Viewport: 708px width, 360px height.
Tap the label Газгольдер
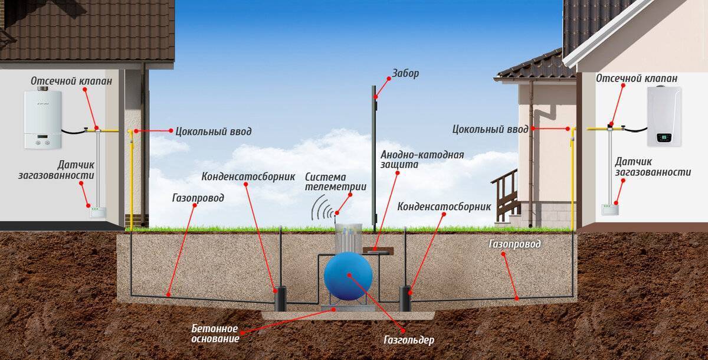tap(409, 340)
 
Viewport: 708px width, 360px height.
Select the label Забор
tap(405, 73)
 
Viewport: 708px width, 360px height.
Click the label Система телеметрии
tap(336, 181)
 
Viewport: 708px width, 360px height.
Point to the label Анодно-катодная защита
tap(422, 159)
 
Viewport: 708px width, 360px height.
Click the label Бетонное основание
tap(215, 333)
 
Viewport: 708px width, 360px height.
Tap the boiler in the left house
tap(42, 119)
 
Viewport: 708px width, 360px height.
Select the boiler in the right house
tap(664, 116)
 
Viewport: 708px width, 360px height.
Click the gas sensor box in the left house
tap(97, 212)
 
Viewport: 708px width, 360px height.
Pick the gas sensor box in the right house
tap(609, 210)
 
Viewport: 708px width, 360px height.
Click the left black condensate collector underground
tap(280, 299)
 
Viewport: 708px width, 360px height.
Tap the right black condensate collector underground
tap(405, 299)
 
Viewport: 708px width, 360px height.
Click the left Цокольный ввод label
tap(214, 132)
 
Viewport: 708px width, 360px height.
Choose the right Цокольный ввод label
tap(490, 129)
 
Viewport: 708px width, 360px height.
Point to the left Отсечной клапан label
tap(71, 81)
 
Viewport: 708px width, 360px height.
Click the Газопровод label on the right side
tap(514, 244)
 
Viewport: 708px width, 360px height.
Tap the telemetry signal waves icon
tap(322, 208)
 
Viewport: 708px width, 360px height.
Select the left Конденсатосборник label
tap(248, 176)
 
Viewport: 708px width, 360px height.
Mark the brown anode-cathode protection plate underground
tap(378, 250)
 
